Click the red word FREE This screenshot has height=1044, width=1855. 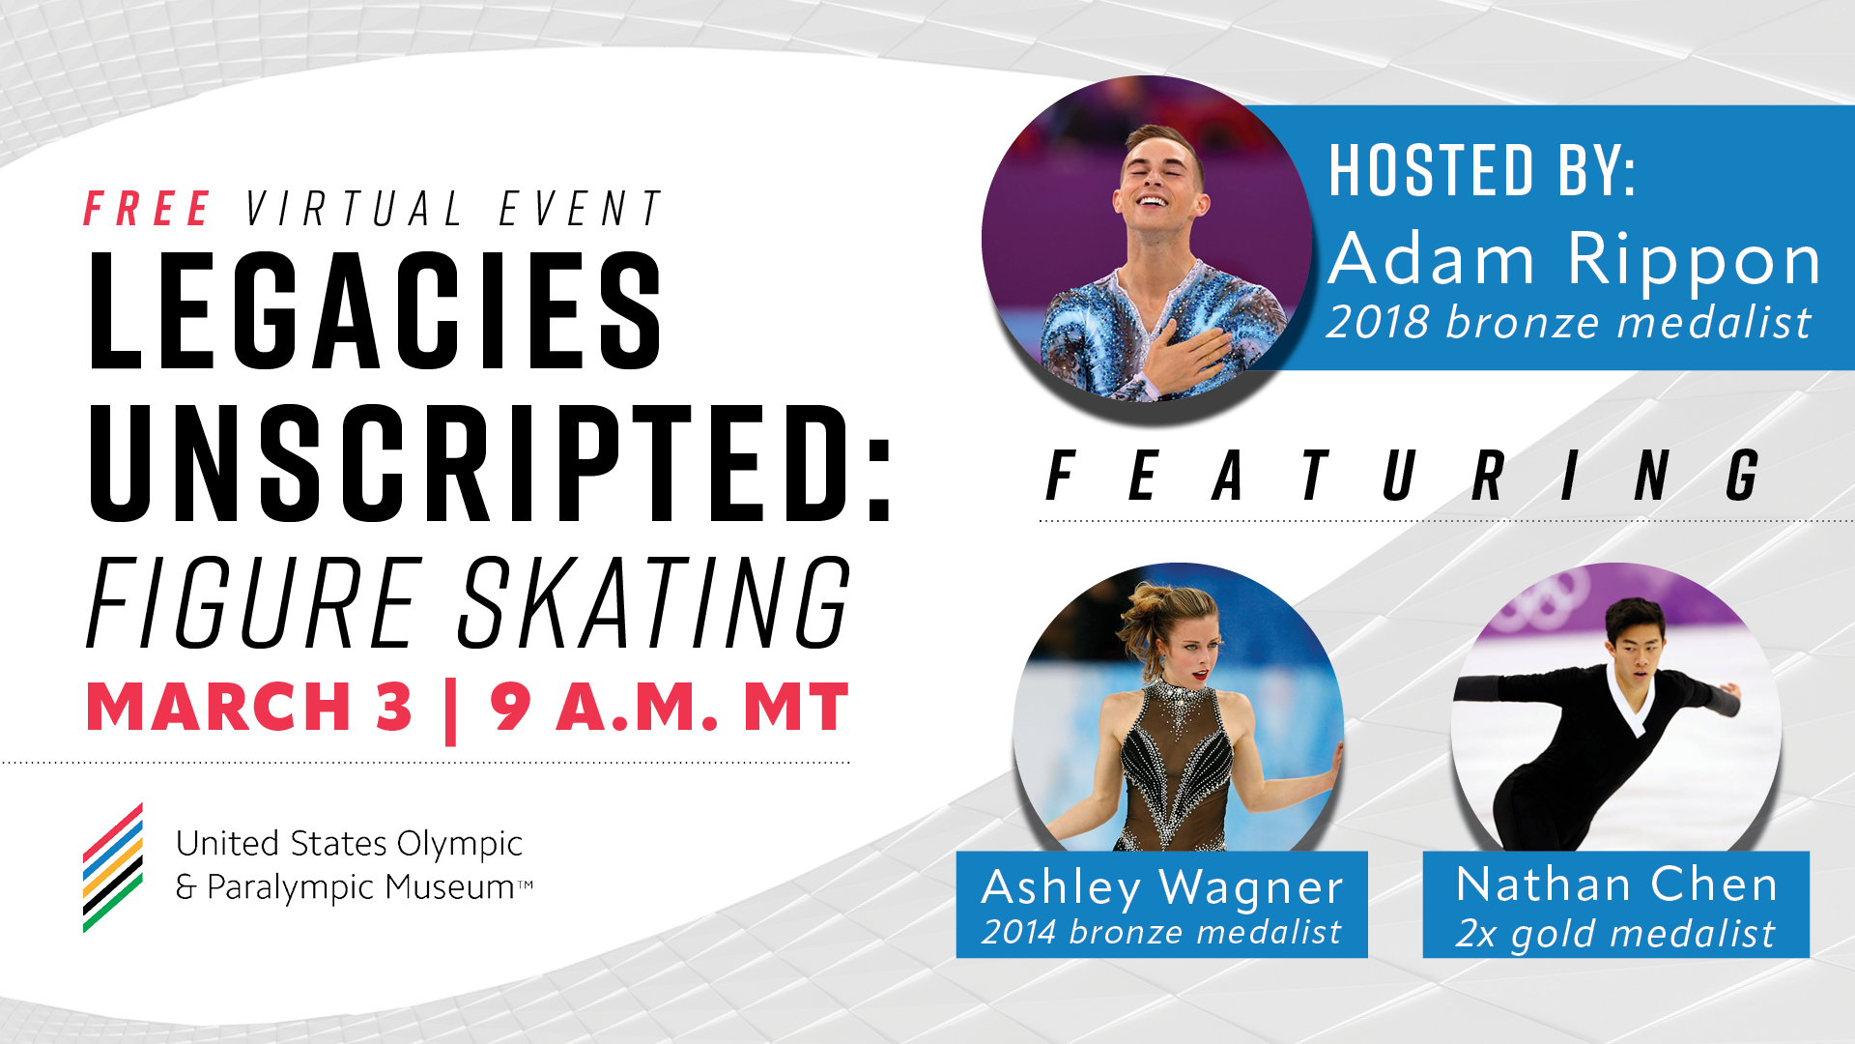pos(147,209)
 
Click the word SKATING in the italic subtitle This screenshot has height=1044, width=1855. pos(654,602)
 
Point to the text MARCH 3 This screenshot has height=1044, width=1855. pos(249,708)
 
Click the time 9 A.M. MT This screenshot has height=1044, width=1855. pos(670,708)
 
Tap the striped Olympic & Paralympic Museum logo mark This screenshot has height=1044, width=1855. pos(113,868)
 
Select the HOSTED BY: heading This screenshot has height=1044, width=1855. pos(1482,170)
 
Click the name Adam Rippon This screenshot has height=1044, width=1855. pos(1575,259)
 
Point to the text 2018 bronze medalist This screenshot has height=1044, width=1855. pos(1569,322)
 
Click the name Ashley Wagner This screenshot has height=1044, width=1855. pos(1162,887)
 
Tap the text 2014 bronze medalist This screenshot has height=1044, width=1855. pos(1161,932)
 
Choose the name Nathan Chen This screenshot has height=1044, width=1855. pos(1616,884)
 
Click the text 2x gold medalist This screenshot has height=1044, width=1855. pos(1615,934)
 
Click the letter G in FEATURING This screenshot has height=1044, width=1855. pos(1742,476)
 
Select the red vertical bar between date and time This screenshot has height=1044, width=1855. pos(450,711)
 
